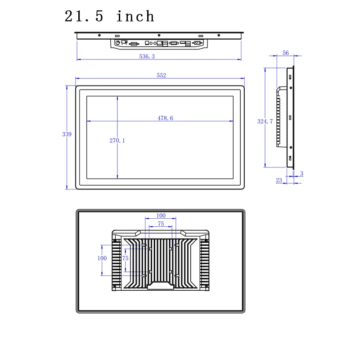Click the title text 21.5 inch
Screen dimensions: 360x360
pyautogui.click(x=109, y=17)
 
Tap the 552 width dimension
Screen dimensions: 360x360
pyautogui.click(x=162, y=76)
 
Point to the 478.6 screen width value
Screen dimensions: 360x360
pyautogui.click(x=165, y=118)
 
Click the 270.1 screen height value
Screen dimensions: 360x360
pyautogui.click(x=117, y=141)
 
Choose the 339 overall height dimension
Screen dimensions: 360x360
pyautogui.click(x=66, y=134)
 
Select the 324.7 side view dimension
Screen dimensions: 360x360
pyautogui.click(x=265, y=121)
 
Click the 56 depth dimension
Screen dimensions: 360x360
pyautogui.click(x=285, y=53)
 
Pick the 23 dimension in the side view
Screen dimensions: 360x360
pyautogui.click(x=279, y=180)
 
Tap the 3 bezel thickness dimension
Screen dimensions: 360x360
pyautogui.click(x=301, y=173)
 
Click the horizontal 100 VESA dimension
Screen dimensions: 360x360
pyautogui.click(x=161, y=216)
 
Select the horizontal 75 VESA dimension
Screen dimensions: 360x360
pyautogui.click(x=161, y=224)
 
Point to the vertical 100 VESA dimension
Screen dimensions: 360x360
pyautogui.click(x=102, y=258)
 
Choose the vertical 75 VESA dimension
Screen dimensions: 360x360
pyautogui.click(x=126, y=258)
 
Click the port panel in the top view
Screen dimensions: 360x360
pyautogui.click(x=159, y=43)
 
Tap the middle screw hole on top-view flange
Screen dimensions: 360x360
pyautogui.click(x=159, y=35)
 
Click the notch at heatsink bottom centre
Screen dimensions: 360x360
pyautogui.click(x=160, y=286)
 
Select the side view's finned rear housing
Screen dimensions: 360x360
pyautogui.click(x=281, y=117)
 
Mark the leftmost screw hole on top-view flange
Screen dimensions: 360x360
pyautogui.click(x=99, y=35)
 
